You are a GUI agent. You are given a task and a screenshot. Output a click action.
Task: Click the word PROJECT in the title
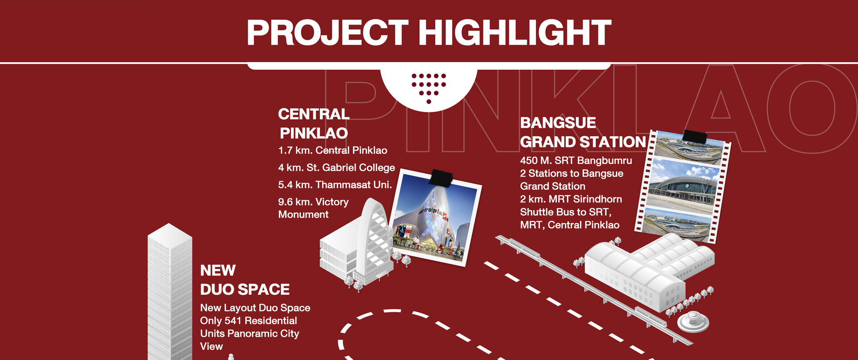(328, 33)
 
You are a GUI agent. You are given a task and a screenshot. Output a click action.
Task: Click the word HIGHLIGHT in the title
(514, 33)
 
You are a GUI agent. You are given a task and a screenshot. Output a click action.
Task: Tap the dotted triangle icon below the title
(429, 88)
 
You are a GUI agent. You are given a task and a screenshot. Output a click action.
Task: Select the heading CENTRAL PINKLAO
(313, 124)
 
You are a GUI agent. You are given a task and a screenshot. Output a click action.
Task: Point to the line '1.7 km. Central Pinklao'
(332, 151)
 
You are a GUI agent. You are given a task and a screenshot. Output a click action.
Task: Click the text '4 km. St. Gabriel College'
(336, 167)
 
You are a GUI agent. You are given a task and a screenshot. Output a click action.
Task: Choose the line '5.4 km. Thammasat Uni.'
(335, 185)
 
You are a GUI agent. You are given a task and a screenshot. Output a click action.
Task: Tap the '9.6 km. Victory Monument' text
(313, 208)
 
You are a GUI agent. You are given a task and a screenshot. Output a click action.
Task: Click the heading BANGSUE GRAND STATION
(583, 132)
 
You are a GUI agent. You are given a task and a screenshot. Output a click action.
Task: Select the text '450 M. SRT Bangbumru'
(576, 160)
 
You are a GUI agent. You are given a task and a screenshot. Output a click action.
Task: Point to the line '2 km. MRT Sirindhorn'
(571, 199)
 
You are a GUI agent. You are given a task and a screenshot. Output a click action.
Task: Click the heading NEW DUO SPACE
(245, 280)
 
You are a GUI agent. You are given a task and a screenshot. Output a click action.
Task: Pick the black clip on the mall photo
(441, 178)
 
